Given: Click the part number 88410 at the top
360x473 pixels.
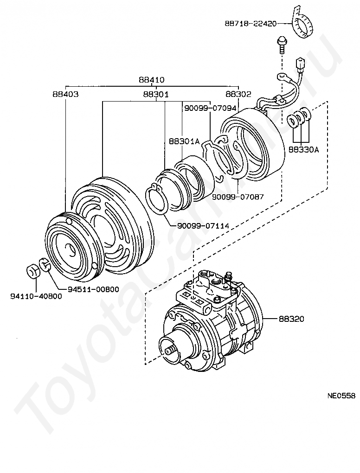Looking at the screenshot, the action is (152, 80).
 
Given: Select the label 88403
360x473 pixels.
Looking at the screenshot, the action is (65, 94).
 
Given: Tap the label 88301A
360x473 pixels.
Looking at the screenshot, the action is (184, 141).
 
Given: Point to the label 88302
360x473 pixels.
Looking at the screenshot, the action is (238, 94).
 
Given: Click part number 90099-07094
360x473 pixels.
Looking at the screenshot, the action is (210, 108).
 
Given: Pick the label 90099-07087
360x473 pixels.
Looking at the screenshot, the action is (238, 197).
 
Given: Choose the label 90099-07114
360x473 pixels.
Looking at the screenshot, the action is (203, 225).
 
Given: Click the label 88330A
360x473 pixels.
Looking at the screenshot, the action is (303, 149).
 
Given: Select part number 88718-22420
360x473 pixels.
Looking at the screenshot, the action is (251, 23).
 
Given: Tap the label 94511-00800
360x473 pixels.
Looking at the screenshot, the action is (93, 289).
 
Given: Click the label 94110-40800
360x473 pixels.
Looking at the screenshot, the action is (36, 296).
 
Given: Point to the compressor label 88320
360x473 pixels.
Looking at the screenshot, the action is (291, 319).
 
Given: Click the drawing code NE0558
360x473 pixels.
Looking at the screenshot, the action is (341, 396).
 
